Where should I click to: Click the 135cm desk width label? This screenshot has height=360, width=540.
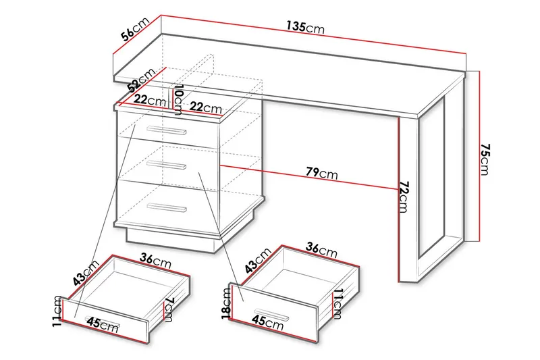(306, 27)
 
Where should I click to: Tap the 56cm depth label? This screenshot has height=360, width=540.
(134, 29)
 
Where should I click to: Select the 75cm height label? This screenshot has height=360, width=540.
(484, 159)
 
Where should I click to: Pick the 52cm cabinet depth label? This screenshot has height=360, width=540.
(141, 80)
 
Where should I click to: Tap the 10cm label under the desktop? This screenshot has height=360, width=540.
(178, 99)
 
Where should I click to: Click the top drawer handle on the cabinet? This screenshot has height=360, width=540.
(166, 130)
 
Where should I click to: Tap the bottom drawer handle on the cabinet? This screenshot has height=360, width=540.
(166, 207)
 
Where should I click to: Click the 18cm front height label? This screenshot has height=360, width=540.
(226, 303)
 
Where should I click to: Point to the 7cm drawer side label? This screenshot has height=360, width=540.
(167, 309)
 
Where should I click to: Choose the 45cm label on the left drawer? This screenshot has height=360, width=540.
(103, 324)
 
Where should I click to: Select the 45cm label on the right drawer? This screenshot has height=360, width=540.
(267, 322)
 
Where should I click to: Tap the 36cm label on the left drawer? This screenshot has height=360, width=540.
(155, 261)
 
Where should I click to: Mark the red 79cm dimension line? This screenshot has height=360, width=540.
(309, 177)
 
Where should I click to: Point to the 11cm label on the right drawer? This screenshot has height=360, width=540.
(337, 304)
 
